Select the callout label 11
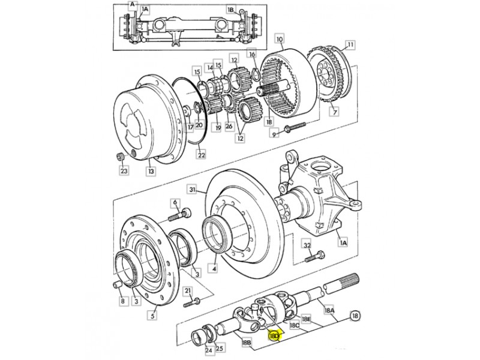click(x=350, y=44)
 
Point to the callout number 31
click(x=192, y=190)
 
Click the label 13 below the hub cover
click(x=151, y=172)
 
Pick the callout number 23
click(x=124, y=171)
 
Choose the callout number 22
click(x=202, y=155)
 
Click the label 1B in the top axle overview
click(x=231, y=10)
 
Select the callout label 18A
click(x=329, y=311)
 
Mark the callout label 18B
click(x=246, y=343)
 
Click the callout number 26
click(x=229, y=127)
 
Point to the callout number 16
click(x=252, y=54)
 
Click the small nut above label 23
click(x=119, y=157)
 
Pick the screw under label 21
click(x=193, y=301)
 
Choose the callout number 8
click(x=123, y=301)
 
